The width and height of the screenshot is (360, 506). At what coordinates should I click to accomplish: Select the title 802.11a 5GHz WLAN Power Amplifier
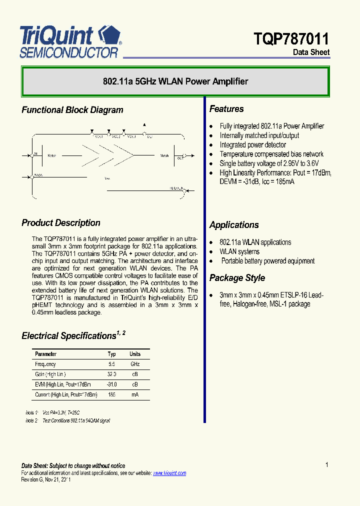[x=175, y=81]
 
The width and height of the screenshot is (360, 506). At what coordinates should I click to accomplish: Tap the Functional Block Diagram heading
[x=72, y=110]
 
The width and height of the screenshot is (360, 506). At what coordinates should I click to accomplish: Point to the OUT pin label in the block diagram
[x=179, y=158]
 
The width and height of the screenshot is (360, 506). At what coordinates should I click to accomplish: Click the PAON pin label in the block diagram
[x=38, y=175]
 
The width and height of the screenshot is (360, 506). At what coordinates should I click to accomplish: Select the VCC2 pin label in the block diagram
[x=116, y=136]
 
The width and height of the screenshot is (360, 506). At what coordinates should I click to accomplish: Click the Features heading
[x=226, y=109]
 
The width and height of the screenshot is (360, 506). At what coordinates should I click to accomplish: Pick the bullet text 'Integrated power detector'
[x=253, y=145]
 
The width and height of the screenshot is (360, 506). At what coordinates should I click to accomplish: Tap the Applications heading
[x=234, y=225]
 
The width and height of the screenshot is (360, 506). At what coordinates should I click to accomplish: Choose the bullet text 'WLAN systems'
[x=239, y=251]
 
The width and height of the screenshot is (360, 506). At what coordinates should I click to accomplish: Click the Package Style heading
[x=237, y=278]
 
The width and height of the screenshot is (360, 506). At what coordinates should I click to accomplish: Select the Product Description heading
[x=60, y=223]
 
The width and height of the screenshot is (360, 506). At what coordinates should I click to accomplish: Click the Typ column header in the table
[x=111, y=354]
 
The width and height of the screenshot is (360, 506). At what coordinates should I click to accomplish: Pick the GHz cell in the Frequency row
[x=135, y=364]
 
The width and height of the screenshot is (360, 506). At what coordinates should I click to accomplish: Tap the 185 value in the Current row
[x=111, y=394]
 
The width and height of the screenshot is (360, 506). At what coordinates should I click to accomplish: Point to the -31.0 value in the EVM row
[x=111, y=384]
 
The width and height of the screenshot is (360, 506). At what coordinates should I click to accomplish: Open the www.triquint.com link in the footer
[x=169, y=473]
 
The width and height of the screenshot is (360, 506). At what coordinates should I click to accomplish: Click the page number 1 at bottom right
[x=327, y=465]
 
